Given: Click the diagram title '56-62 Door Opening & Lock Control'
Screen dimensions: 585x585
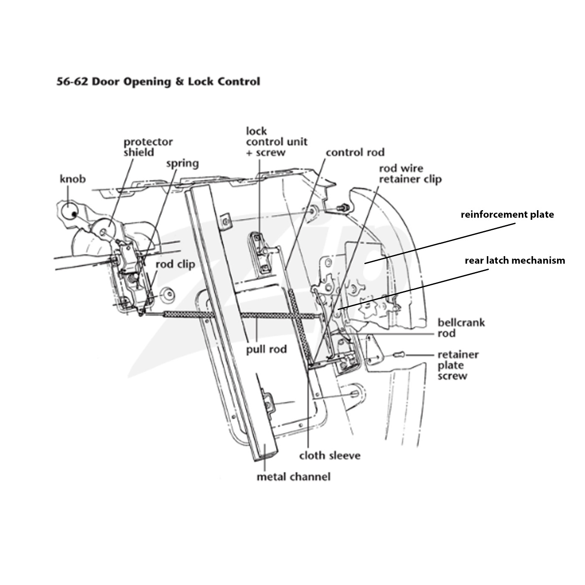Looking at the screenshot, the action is (x=158, y=81).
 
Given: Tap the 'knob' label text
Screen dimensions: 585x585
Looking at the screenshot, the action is (x=73, y=179).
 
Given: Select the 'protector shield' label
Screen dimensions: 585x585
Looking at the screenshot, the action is (x=148, y=147).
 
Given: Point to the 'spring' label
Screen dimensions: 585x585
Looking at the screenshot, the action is (x=183, y=164).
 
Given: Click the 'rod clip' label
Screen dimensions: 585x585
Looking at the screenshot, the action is (x=175, y=264).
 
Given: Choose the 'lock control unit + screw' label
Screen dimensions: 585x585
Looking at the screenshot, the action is (x=277, y=142).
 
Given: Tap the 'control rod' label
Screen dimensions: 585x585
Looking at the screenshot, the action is (x=355, y=152).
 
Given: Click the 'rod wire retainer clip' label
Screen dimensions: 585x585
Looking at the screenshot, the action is (x=410, y=174).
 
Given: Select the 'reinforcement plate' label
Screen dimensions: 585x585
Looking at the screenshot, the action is (x=507, y=215).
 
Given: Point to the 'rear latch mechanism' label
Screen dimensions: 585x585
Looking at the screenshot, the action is (x=515, y=260).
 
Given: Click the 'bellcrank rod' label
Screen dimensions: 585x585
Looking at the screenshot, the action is (x=461, y=328).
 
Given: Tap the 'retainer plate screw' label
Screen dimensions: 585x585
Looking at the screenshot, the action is (x=458, y=365).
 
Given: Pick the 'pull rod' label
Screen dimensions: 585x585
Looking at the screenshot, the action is (x=266, y=349).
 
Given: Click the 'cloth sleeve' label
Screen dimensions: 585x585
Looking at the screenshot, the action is (x=330, y=455).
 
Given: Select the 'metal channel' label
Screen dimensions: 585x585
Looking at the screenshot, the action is (x=294, y=477).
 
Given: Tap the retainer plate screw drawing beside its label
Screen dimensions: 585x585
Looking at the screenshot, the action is (x=399, y=354).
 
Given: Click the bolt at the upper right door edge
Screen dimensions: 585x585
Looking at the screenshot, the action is (x=343, y=208).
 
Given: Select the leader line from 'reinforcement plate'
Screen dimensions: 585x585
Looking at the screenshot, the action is (x=440, y=243).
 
